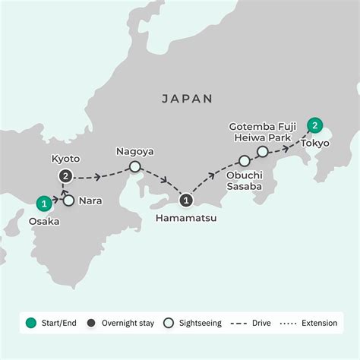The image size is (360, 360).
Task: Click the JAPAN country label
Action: pos(187,99)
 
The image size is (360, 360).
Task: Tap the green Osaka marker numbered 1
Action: pos(46,203)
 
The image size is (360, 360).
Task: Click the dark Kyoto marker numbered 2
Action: pos(67,177)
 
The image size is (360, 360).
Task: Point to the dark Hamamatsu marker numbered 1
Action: pos(186,201)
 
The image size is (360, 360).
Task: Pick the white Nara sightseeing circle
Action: pos(69,201)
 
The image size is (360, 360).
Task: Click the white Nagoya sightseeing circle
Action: pos(135,166)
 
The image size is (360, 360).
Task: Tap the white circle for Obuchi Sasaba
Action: pos(245,161)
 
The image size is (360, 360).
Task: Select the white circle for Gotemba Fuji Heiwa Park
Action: pos(262,152)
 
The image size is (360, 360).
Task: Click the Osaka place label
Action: pos(43,222)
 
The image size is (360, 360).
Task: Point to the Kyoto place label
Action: pos(65,159)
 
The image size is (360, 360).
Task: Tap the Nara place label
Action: pos(90,202)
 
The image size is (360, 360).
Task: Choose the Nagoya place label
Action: pos(135,151)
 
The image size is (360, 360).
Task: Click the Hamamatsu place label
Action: pos(186,219)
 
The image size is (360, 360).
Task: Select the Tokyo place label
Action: pos(315,143)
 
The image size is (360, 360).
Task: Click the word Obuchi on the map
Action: pos(242,176)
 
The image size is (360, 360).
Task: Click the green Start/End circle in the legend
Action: pos(31,323)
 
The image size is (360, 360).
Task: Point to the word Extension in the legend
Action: pos(318,323)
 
